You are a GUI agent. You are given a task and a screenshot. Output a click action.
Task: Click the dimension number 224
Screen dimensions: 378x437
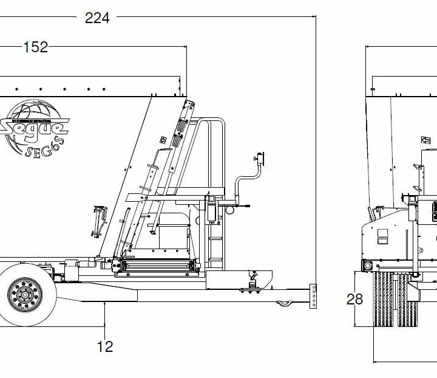pos(97,18)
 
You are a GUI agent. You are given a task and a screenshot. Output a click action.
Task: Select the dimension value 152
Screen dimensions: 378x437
pos(35,47)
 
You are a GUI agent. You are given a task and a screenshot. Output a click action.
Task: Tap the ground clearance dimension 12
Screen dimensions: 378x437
pos(105,346)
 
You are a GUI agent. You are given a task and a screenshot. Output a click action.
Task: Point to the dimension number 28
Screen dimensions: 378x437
pos(355,299)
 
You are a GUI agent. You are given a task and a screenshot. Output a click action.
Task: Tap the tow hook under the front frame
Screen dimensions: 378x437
pos(283,303)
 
